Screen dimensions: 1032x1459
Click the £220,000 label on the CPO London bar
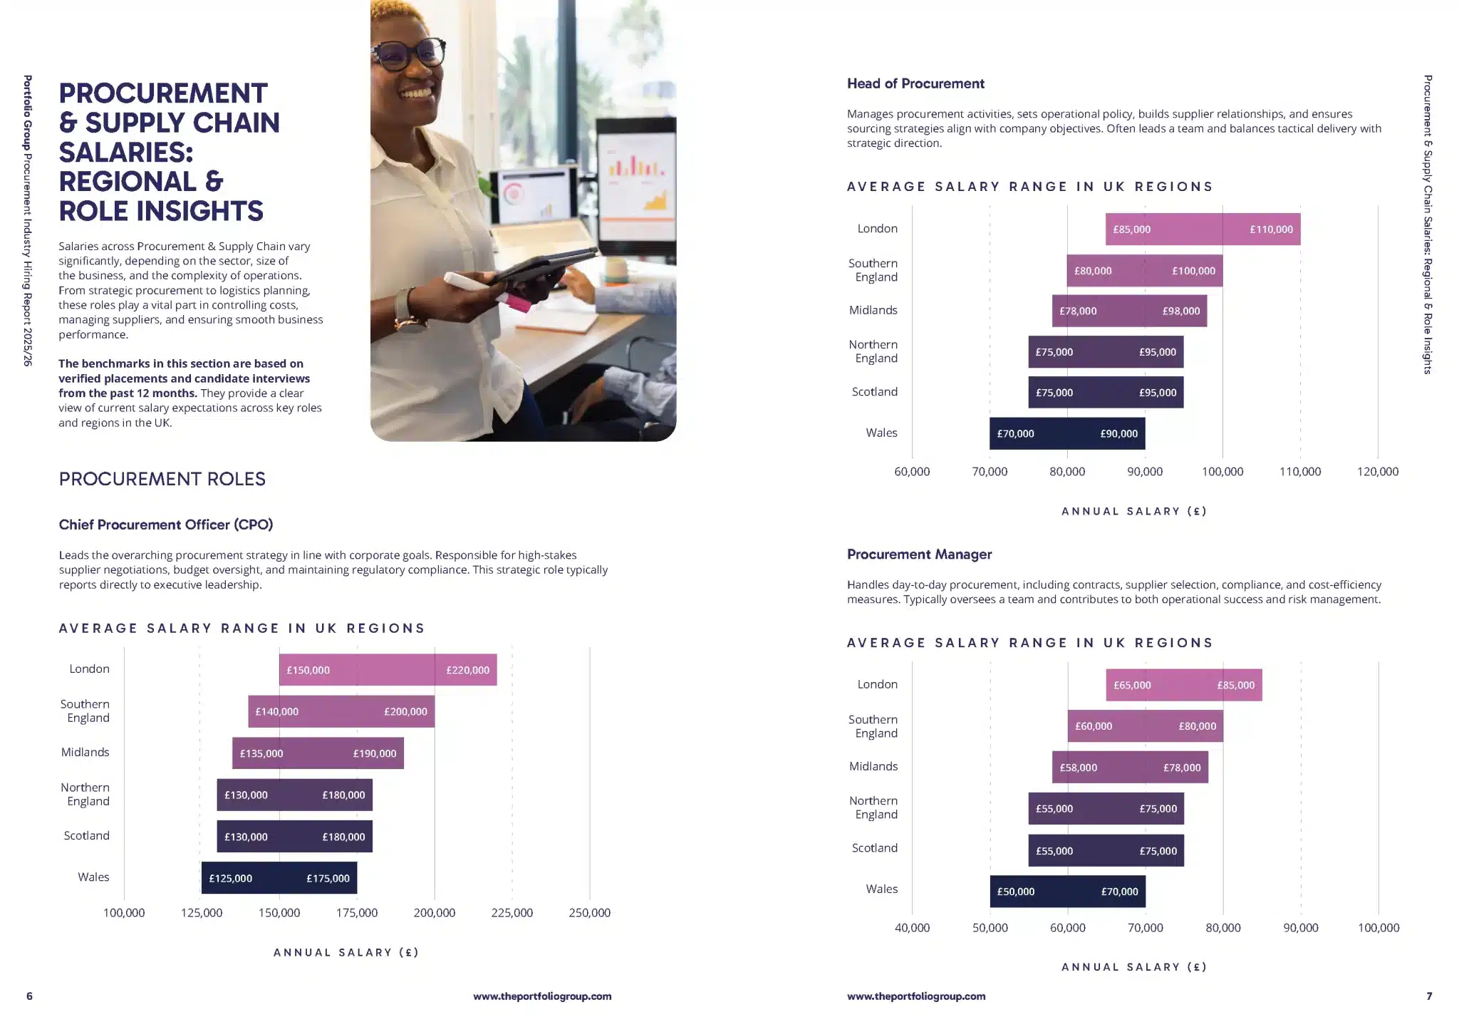(467, 670)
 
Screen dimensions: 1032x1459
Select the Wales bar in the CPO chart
(279, 878)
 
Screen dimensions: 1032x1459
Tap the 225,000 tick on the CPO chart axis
(512, 913)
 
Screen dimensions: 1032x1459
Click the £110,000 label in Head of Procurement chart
(1271, 229)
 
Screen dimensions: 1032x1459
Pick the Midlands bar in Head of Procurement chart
(1129, 311)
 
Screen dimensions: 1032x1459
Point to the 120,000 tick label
(1377, 472)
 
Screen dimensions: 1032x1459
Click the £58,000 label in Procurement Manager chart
(1078, 768)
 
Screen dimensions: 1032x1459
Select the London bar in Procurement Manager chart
(1183, 685)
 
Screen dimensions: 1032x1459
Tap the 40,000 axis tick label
(912, 928)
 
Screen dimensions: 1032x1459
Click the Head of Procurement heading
(915, 84)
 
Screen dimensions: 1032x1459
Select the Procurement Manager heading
(919, 554)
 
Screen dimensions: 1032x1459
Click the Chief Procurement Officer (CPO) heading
(166, 525)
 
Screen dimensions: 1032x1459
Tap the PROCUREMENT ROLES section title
(162, 479)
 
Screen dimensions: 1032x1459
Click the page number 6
(29, 996)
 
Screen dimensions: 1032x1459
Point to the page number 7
(1428, 996)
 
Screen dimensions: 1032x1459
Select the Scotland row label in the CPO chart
(86, 836)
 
